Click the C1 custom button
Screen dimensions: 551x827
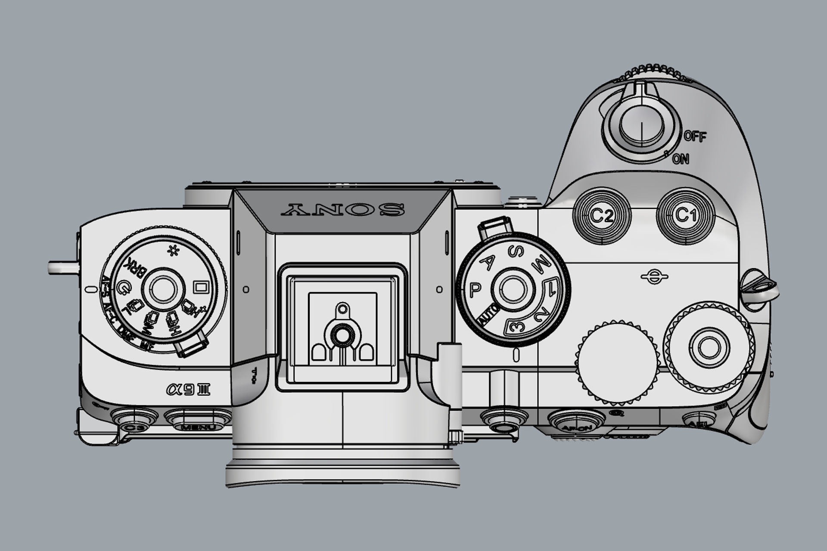(685, 215)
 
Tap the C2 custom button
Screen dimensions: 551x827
(602, 216)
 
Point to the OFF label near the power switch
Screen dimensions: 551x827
(695, 137)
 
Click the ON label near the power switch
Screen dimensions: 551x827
(681, 159)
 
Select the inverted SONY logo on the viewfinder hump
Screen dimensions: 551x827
(342, 210)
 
